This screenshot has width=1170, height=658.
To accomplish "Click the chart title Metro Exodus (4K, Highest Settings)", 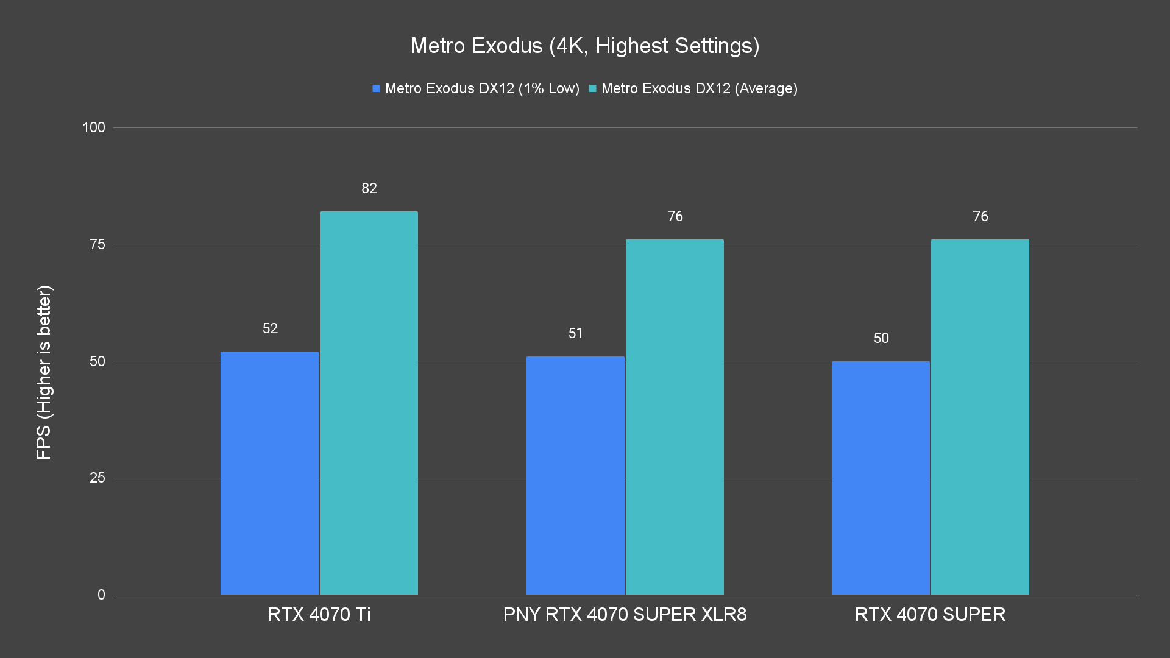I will click(584, 46).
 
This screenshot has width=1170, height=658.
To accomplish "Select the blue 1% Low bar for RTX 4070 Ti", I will click(269, 473).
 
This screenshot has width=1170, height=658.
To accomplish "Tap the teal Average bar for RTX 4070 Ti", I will click(369, 403).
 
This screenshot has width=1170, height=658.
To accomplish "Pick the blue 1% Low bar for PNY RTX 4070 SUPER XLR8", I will click(575, 475).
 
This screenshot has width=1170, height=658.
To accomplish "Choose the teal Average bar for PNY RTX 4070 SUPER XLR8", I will click(675, 417).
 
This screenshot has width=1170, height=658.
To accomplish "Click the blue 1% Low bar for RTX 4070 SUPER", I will click(881, 478).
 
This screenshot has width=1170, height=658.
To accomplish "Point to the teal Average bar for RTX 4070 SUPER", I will click(980, 417).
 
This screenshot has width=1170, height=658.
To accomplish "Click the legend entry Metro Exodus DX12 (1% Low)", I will click(476, 88).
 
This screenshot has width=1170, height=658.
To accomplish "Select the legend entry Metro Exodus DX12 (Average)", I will click(693, 88).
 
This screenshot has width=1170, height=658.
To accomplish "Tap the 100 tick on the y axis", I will click(94, 127).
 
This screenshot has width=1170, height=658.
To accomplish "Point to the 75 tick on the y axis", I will click(97, 244).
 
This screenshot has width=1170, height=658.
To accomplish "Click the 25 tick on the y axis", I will click(97, 478).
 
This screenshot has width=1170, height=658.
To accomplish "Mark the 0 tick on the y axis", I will click(101, 595).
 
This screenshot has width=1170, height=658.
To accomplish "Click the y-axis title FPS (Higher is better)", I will click(44, 372).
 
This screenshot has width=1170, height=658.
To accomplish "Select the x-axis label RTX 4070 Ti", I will click(319, 614).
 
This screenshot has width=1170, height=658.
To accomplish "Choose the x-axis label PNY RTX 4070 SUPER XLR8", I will click(625, 614).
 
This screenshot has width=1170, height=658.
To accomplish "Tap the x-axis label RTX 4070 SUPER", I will click(930, 614).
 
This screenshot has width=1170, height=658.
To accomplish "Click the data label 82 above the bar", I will click(369, 188).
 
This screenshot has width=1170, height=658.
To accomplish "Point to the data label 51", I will click(575, 333).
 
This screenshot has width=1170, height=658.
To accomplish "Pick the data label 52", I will click(270, 328).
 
